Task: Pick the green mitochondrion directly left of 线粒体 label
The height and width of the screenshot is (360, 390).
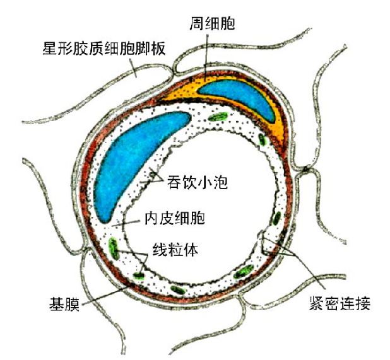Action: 114,246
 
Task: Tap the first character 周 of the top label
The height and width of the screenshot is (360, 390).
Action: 196,25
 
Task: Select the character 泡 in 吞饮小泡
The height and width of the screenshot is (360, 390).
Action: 218,183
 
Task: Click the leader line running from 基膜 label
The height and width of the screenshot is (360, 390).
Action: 104,293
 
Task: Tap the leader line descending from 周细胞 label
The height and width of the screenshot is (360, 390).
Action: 206,54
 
